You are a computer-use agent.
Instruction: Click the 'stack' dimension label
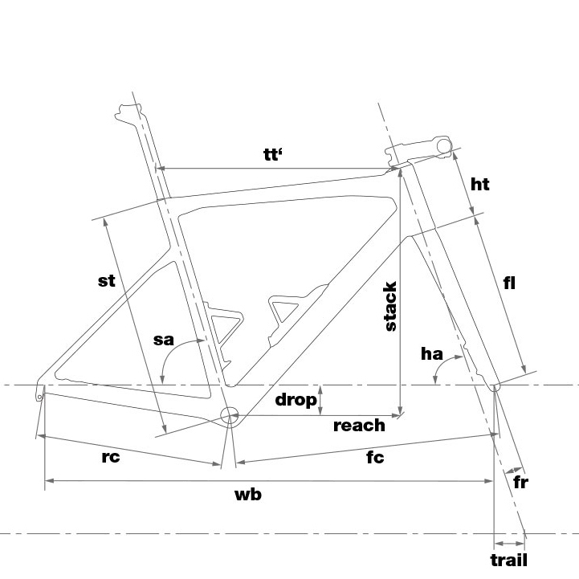click(x=390, y=306)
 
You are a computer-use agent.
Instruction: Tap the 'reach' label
click(x=359, y=426)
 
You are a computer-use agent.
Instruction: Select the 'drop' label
click(x=296, y=400)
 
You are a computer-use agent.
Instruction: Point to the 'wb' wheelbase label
click(x=248, y=495)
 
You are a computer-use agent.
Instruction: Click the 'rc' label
click(x=110, y=457)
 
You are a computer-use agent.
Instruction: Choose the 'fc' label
click(x=375, y=457)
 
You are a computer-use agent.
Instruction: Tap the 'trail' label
click(x=509, y=560)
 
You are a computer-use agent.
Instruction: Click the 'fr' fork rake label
click(x=520, y=482)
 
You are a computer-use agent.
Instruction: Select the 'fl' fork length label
click(x=509, y=283)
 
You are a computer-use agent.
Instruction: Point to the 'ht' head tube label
click(x=480, y=184)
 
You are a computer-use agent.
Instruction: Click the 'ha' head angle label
click(x=432, y=354)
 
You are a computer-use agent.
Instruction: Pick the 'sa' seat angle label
click(x=163, y=340)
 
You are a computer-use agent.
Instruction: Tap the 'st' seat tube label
click(x=106, y=281)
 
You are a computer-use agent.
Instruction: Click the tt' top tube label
click(x=273, y=154)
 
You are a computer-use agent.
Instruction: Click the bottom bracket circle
click(x=230, y=416)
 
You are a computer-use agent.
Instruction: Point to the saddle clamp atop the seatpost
click(x=128, y=112)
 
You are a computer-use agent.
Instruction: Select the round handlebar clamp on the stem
click(x=444, y=146)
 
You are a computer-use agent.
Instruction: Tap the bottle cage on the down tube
click(x=296, y=314)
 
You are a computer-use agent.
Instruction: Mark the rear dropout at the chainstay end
click(x=40, y=392)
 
